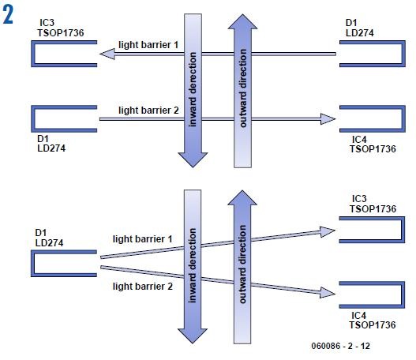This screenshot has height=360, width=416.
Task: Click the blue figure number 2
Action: coord(10,15)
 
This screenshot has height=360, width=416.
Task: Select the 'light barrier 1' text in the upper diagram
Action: coord(149,44)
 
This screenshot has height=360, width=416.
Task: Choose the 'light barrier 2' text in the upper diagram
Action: coord(149,109)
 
